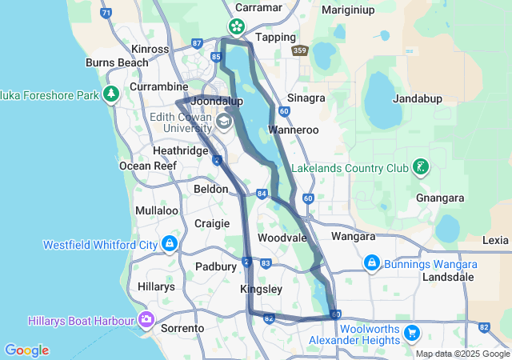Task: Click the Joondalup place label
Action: tap(217, 102)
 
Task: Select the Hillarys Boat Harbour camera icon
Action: tap(146, 321)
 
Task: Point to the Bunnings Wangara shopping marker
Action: tap(371, 263)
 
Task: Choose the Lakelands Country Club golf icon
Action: tap(419, 168)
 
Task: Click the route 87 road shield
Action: tap(198, 43)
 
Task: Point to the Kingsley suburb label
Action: tap(261, 289)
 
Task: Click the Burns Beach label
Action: tap(116, 62)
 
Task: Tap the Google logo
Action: tap(26, 350)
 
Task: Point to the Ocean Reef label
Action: tap(147, 166)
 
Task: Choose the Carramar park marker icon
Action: tap(238, 27)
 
